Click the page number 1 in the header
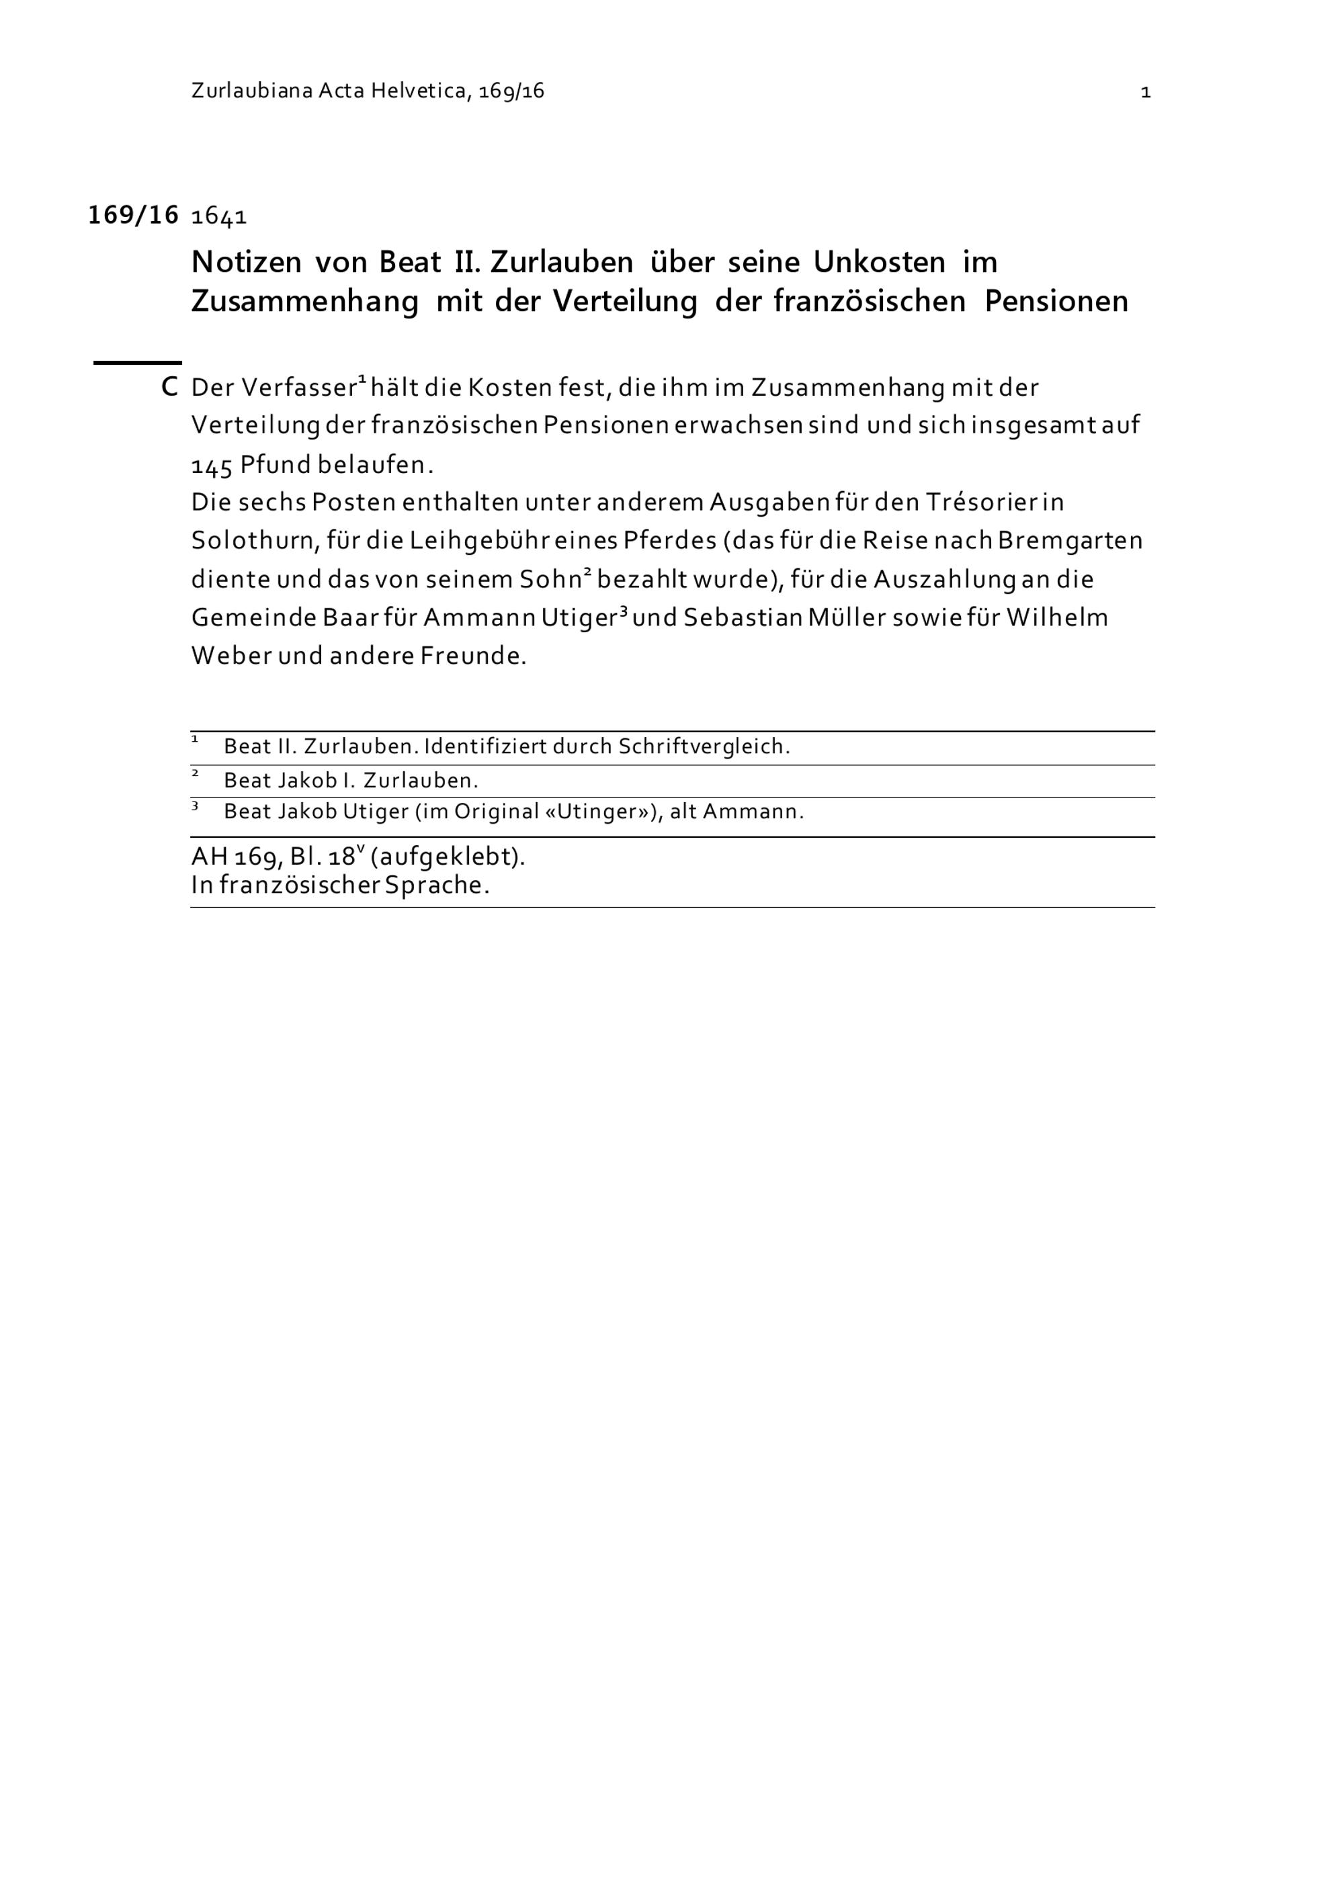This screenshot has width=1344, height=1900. click(x=1145, y=93)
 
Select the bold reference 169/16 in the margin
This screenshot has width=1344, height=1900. click(x=133, y=215)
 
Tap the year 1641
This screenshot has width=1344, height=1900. click(x=219, y=217)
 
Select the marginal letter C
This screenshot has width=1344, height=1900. click(x=169, y=387)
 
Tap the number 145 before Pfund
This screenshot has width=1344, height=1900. click(x=211, y=466)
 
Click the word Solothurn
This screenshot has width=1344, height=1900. click(x=255, y=542)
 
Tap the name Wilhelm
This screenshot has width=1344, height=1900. click(x=1057, y=618)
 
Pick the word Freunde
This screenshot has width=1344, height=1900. click(x=472, y=656)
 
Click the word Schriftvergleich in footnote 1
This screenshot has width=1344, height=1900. click(x=704, y=746)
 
